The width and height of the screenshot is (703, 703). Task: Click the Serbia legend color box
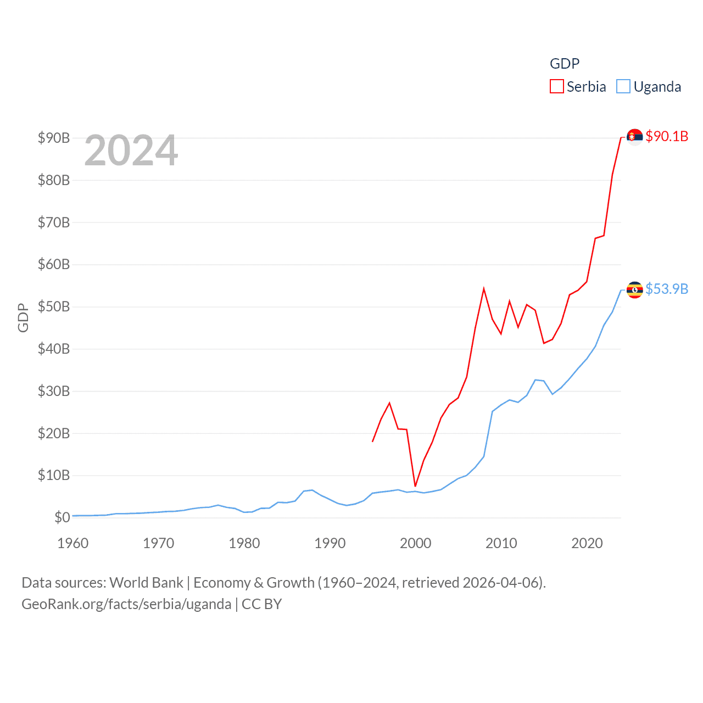coord(557,87)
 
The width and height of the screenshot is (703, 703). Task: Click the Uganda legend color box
coord(623,87)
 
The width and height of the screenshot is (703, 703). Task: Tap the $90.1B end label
coord(667,136)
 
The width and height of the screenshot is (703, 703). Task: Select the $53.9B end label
coord(667,289)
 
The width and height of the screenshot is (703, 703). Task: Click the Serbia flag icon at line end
coord(634,137)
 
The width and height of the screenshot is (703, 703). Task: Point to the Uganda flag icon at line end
coord(634,289)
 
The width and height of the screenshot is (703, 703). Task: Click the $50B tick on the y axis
coord(54,306)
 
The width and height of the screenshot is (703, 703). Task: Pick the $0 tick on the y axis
coord(62,517)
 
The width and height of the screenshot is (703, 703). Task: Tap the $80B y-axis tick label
coord(54,180)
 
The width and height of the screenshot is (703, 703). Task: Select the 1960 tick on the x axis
coord(73,543)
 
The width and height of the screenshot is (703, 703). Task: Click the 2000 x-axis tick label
coord(416,543)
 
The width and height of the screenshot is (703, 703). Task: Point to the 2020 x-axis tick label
coord(587,543)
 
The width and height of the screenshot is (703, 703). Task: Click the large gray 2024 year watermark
coord(131,150)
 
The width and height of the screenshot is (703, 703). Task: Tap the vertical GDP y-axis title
coord(23,317)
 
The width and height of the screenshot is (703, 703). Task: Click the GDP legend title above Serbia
coord(565,64)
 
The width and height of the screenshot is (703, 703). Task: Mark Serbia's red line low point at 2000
coord(415,486)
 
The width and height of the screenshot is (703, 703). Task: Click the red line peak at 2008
coord(484,289)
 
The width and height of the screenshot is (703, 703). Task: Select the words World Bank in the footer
coord(147,583)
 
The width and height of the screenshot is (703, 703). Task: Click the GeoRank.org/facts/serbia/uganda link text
coord(126,604)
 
